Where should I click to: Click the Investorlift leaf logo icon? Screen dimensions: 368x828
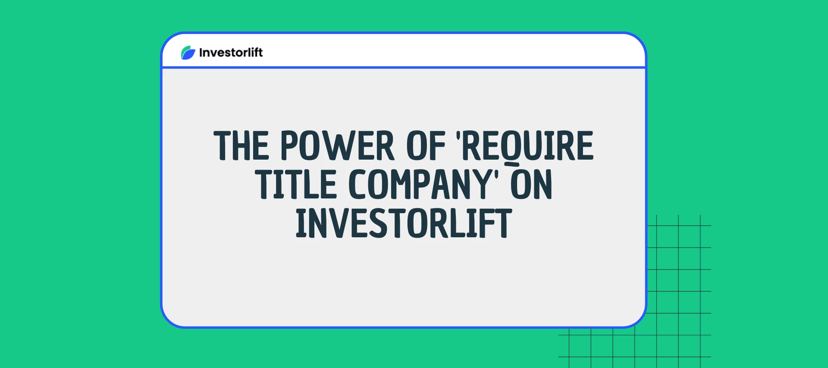188,53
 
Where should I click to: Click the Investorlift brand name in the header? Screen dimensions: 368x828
231,53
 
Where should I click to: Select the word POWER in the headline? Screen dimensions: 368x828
337,146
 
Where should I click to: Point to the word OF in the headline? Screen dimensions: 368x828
426,146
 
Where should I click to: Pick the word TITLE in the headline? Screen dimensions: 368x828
296,185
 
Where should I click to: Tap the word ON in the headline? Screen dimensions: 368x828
531,185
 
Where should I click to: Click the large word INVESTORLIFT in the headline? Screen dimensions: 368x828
404,223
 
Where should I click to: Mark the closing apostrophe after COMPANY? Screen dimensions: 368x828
496,175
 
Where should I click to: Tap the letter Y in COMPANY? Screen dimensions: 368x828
482,185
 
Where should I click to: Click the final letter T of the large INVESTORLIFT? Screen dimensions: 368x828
504,223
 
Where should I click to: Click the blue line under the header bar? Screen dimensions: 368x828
404,67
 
